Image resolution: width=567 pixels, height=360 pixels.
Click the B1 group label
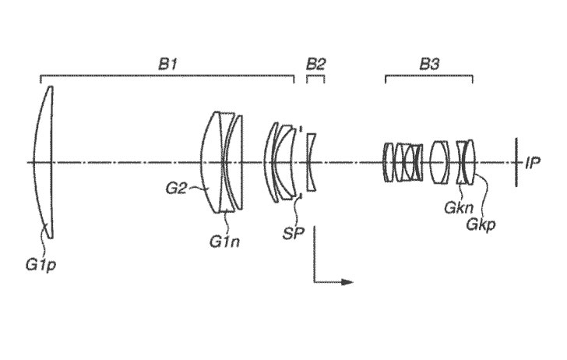click(167, 65)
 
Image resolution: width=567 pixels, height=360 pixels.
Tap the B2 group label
click(315, 65)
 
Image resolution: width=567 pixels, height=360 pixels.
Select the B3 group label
click(429, 65)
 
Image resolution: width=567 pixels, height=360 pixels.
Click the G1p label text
click(40, 266)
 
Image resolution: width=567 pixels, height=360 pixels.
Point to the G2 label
click(176, 188)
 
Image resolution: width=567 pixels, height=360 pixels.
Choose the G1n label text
click(224, 242)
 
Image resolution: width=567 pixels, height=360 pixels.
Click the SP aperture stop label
click(294, 234)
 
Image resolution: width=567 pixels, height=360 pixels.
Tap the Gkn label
click(459, 208)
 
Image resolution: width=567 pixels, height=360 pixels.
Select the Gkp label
click(481, 225)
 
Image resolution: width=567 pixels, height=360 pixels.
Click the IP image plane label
click(532, 163)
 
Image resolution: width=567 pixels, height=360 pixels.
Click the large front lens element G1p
click(45, 162)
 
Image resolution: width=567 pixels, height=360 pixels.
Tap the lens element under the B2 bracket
click(311, 162)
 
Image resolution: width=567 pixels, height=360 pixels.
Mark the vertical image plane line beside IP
click(516, 162)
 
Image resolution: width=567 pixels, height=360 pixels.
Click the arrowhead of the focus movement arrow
click(347, 282)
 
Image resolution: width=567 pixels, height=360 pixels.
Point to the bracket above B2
click(315, 76)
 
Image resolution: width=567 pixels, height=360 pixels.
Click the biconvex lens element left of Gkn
click(439, 162)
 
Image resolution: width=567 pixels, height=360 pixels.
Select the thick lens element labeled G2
click(210, 162)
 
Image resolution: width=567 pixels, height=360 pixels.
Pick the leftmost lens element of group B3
click(388, 162)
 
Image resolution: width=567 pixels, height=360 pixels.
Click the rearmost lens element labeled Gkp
click(470, 162)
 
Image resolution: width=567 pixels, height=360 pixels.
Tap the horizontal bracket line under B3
click(429, 76)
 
